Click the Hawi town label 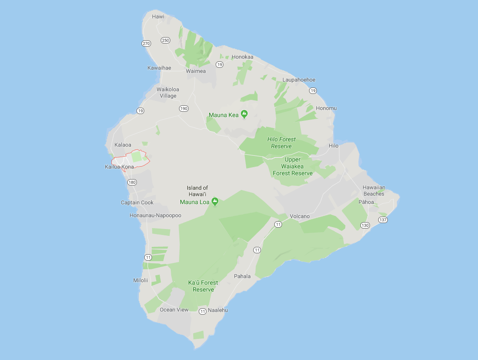click(x=158, y=17)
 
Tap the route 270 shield click(x=146, y=44)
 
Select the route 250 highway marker click(x=166, y=40)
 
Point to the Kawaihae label click(x=159, y=68)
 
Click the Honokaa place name click(x=242, y=57)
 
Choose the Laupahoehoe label click(x=299, y=80)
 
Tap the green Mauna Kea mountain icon click(x=244, y=114)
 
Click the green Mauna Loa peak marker click(x=215, y=201)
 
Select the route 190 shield click(x=184, y=109)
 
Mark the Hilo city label click(x=333, y=146)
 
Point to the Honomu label click(x=326, y=108)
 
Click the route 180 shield click(x=132, y=182)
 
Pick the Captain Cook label click(x=137, y=202)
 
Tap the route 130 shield click(x=365, y=225)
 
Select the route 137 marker click(x=383, y=220)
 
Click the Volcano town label click(x=300, y=216)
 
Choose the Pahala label click(x=242, y=276)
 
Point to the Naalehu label click(x=217, y=310)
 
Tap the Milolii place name click(x=141, y=280)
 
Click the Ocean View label click(x=174, y=310)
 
